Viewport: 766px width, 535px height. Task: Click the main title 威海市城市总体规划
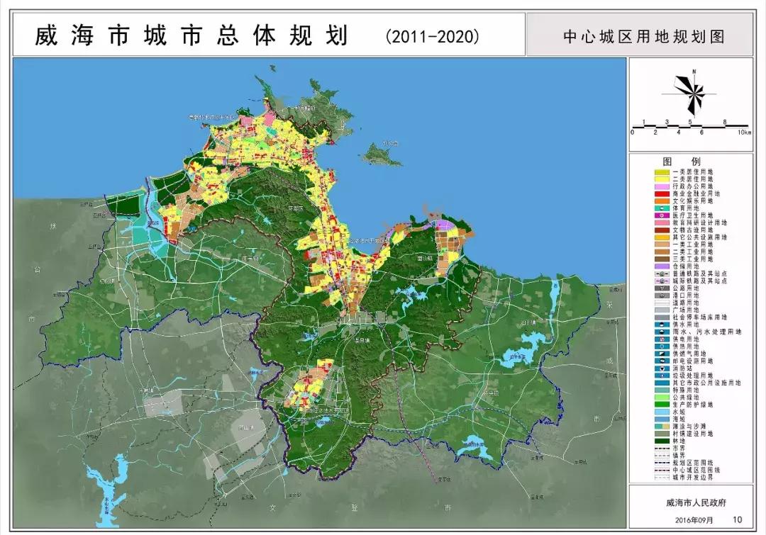coord(191,35)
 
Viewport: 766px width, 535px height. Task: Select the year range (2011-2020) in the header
coord(433,35)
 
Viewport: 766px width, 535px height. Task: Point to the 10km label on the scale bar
coord(743,133)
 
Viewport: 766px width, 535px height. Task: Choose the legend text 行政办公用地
coord(695,186)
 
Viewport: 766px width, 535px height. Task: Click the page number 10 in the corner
coord(738,520)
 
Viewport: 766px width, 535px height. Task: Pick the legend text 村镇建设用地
coord(698,433)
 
